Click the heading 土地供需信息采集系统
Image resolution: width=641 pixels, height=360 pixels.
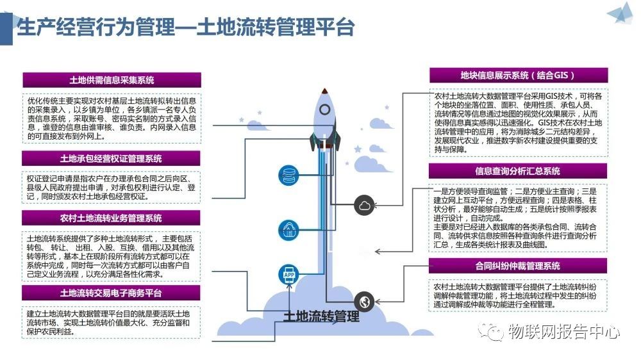[x=112, y=80]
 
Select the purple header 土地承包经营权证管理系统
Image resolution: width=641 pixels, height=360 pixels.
[x=112, y=158]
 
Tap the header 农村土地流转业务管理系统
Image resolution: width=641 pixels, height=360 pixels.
[x=112, y=218]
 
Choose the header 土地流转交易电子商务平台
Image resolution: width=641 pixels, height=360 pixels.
[x=112, y=293]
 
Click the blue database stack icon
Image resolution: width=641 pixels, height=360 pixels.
[x=288, y=174]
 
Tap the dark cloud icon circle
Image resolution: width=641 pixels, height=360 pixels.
[x=364, y=205]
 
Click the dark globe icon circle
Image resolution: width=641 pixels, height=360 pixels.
[x=364, y=300]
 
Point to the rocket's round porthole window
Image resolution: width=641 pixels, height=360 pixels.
[x=326, y=110]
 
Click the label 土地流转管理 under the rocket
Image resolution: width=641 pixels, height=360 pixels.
[x=321, y=316]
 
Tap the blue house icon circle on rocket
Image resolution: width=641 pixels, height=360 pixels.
[x=288, y=228]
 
